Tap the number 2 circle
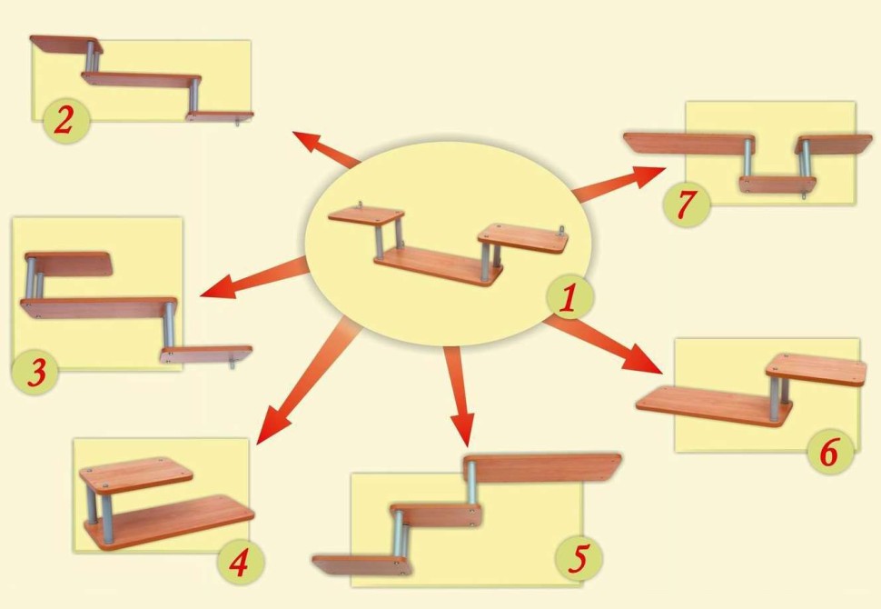point(66,121)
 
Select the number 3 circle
point(35,372)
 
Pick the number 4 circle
point(241,562)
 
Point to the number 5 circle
point(579,558)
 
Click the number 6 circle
point(830,452)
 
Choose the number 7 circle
point(686,204)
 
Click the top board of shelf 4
point(136,475)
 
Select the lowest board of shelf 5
point(362,565)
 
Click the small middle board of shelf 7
point(777,185)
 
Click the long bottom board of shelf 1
point(439,266)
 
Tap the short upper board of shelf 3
point(69,264)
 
